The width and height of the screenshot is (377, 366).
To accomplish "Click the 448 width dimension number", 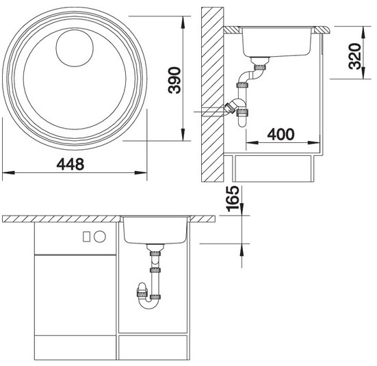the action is coord(70,164).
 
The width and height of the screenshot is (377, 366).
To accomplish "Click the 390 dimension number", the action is coord(174,80).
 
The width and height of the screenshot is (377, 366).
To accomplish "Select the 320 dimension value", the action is coord(355,56).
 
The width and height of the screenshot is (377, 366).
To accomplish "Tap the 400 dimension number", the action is coord(281,134).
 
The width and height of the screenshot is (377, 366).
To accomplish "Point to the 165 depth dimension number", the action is coord(233,198).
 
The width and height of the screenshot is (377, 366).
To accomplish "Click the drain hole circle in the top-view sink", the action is coord(75,48).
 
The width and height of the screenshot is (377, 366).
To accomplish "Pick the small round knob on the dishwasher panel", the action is coord(99,237).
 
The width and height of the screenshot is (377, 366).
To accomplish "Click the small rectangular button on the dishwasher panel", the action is coord(86,237).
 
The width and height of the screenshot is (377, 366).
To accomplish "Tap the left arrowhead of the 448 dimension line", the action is coord(8,172).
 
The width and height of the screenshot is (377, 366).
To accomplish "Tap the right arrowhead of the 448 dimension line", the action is coord(141,172).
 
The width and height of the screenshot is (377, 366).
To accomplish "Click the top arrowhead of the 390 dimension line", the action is coord(183,23).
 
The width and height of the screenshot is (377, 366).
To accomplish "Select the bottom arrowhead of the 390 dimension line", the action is coord(183,135).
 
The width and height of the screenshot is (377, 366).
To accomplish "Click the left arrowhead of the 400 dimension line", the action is coord(252,142).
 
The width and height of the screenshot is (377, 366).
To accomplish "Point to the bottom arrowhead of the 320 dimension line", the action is coord(363,73).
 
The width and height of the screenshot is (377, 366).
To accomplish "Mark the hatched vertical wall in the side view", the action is coord(213,94).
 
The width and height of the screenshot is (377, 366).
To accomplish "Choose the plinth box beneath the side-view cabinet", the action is coord(273,168).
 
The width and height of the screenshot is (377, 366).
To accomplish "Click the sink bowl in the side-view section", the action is coord(276,42).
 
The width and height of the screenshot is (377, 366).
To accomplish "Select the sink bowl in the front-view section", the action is coord(155,230).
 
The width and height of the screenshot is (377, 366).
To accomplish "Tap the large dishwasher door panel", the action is coord(75,295).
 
